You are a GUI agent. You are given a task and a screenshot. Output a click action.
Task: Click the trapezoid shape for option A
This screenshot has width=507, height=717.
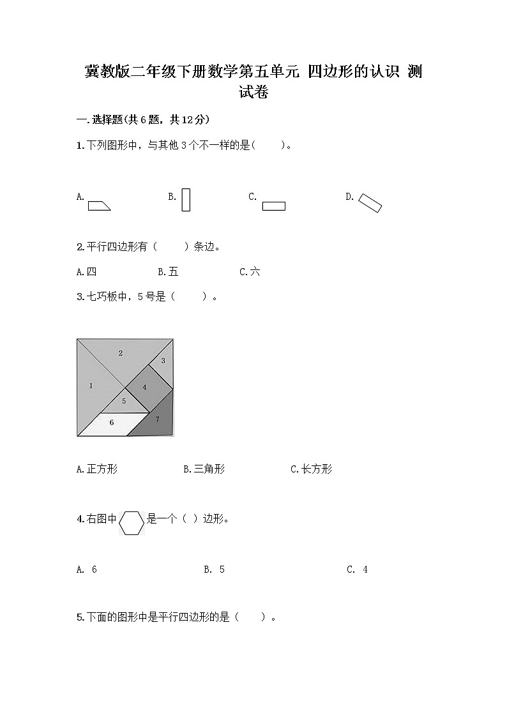pyautogui.click(x=99, y=205)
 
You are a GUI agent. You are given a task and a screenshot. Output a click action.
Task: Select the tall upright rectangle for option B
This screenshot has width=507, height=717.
pyautogui.click(x=186, y=199)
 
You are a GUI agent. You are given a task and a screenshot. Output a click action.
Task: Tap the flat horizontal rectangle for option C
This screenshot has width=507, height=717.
pyautogui.click(x=273, y=206)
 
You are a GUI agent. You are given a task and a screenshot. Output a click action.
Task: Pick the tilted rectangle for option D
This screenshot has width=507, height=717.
pyautogui.click(x=370, y=202)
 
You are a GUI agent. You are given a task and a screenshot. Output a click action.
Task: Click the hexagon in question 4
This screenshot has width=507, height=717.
pyautogui.click(x=132, y=523)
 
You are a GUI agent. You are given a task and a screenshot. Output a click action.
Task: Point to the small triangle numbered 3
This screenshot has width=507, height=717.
pyautogui.click(x=163, y=361)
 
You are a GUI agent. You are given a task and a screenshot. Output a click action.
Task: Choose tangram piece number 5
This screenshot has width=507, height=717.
pyautogui.click(x=124, y=402)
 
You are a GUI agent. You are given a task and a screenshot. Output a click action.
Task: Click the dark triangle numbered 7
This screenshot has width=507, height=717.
pyautogui.click(x=157, y=419)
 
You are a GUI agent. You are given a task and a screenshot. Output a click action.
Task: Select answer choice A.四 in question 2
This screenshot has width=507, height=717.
pyautogui.click(x=86, y=272)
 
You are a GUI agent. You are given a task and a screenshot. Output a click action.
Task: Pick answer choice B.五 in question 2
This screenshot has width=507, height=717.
pyautogui.click(x=168, y=272)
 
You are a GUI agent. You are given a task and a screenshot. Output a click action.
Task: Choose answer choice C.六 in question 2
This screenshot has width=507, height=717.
pyautogui.click(x=250, y=272)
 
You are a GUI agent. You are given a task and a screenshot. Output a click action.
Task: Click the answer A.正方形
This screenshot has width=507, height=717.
pyautogui.click(x=96, y=469)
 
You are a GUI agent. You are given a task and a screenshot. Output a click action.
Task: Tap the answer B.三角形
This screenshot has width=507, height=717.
pyautogui.click(x=204, y=469)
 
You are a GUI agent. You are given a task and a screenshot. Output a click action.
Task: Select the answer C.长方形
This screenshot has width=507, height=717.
pyautogui.click(x=311, y=469)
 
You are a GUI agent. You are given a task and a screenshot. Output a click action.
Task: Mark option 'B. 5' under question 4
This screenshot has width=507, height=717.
pyautogui.click(x=214, y=570)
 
